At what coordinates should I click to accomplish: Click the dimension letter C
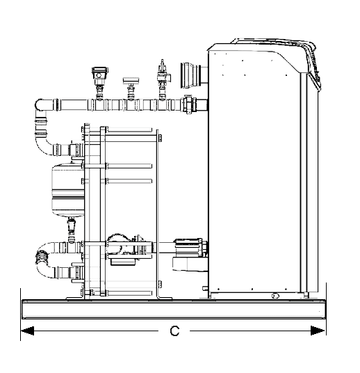174,331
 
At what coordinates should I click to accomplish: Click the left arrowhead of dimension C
28,331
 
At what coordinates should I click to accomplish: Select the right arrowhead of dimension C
318,331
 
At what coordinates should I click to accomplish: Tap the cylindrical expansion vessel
67,190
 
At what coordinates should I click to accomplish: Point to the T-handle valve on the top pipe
131,87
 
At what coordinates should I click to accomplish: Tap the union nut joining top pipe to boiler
190,104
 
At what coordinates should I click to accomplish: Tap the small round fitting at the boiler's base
275,296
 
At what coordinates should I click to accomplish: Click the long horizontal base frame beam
174,309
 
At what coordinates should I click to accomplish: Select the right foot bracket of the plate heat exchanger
164,298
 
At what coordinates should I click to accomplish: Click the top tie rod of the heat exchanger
129,130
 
